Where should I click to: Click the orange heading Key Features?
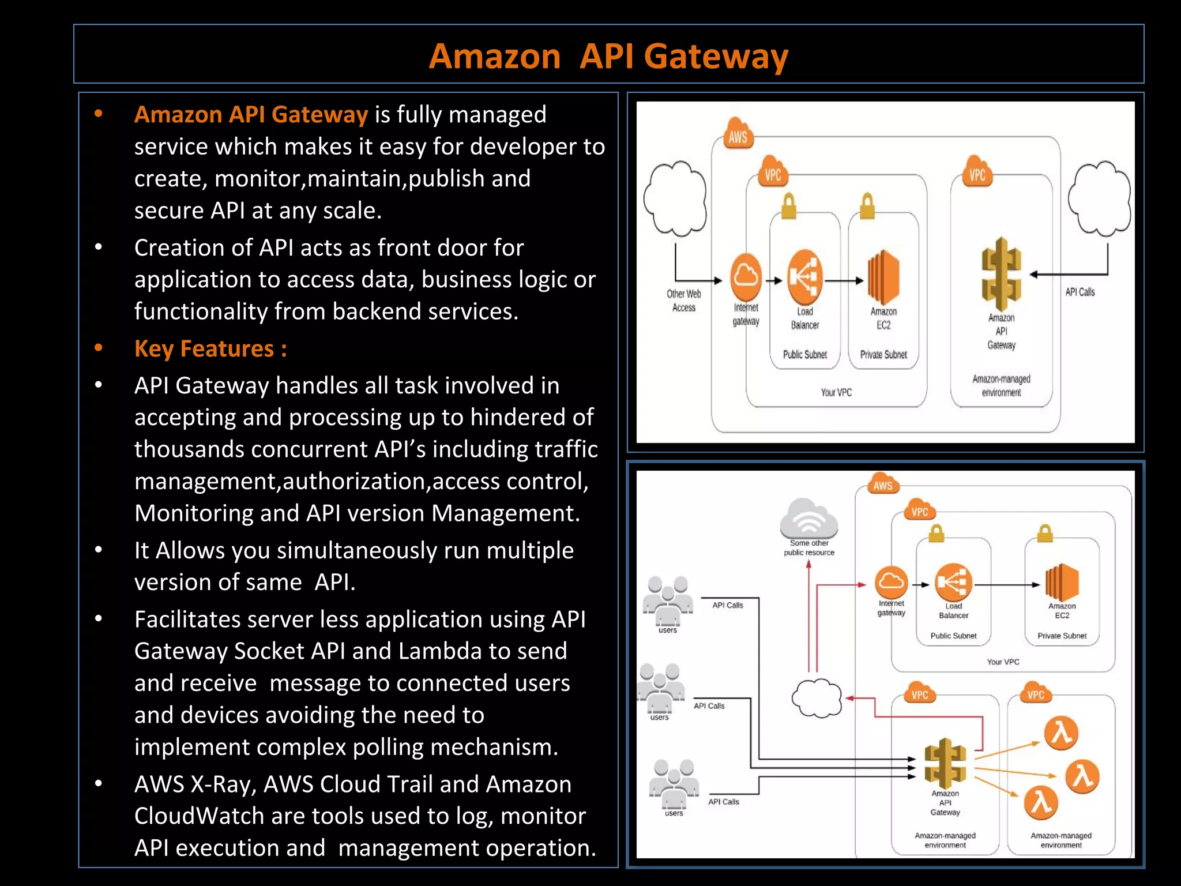coord(210,349)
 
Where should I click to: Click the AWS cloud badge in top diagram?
coord(738,134)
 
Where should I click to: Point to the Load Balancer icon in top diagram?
coord(804,277)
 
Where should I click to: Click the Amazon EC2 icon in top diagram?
coord(883,277)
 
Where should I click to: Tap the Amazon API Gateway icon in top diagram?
coord(1001,274)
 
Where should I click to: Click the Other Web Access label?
coord(684,301)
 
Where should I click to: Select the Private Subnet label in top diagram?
coord(883,355)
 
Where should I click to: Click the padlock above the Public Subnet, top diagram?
coord(788,206)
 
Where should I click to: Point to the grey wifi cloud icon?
coord(808,518)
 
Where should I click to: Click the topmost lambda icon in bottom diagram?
coord(1061,733)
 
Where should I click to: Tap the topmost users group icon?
coord(668,601)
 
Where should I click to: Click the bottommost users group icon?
coord(674,784)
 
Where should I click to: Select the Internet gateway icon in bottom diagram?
coord(891,583)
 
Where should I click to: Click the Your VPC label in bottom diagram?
coord(1003,662)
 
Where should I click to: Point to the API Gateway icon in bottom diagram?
coord(945,763)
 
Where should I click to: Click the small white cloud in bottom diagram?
coord(817,698)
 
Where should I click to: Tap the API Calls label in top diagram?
coord(1080,292)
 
